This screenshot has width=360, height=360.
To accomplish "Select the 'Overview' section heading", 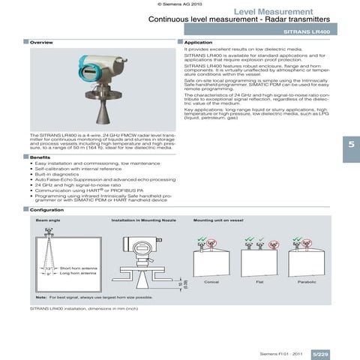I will click(41, 43).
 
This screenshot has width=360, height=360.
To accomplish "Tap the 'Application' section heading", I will click(198, 43).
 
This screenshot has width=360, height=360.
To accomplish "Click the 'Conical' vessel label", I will click(211, 281).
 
